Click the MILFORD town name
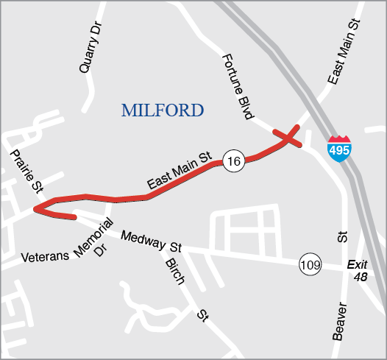pyautogui.click(x=162, y=111)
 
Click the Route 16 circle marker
pyautogui.click(x=233, y=161)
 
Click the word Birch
pyautogui.click(x=174, y=275)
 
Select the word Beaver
pyautogui.click(x=338, y=321)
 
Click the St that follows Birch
pyautogui.click(x=202, y=316)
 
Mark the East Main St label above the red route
pyautogui.click(x=179, y=172)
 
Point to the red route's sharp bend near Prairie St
pyautogui.click(x=37, y=208)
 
